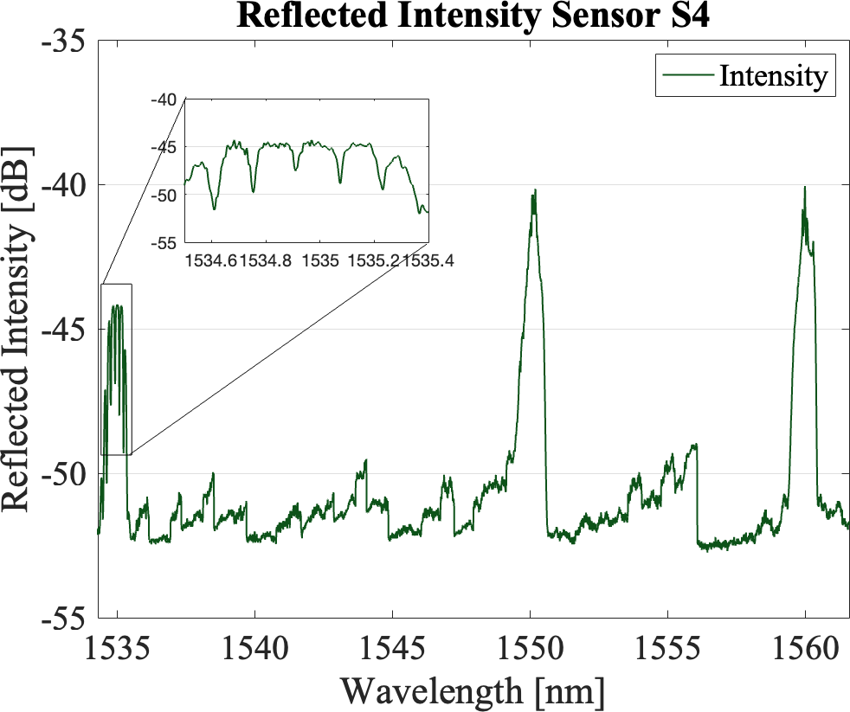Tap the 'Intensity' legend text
[x=772, y=76]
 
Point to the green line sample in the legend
[x=687, y=76]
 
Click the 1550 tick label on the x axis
[x=530, y=648]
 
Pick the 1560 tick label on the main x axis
[x=805, y=648]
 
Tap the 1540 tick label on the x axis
[x=254, y=648]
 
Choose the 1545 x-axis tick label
[x=392, y=648]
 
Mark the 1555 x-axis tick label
[x=667, y=648]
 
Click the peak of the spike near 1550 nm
[x=535, y=191]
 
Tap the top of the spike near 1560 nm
[x=805, y=188]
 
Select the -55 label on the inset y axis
[x=166, y=243]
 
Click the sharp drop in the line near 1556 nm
[x=697, y=493]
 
